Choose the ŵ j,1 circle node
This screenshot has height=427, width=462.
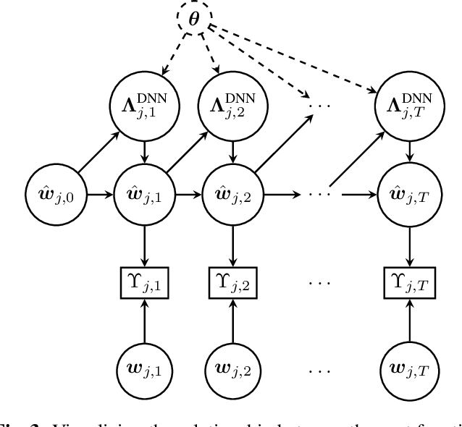pyautogui.click(x=145, y=195)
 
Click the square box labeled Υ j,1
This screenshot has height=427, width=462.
pyautogui.click(x=145, y=280)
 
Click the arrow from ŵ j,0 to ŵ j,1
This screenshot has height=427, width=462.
pyautogui.click(x=102, y=195)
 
